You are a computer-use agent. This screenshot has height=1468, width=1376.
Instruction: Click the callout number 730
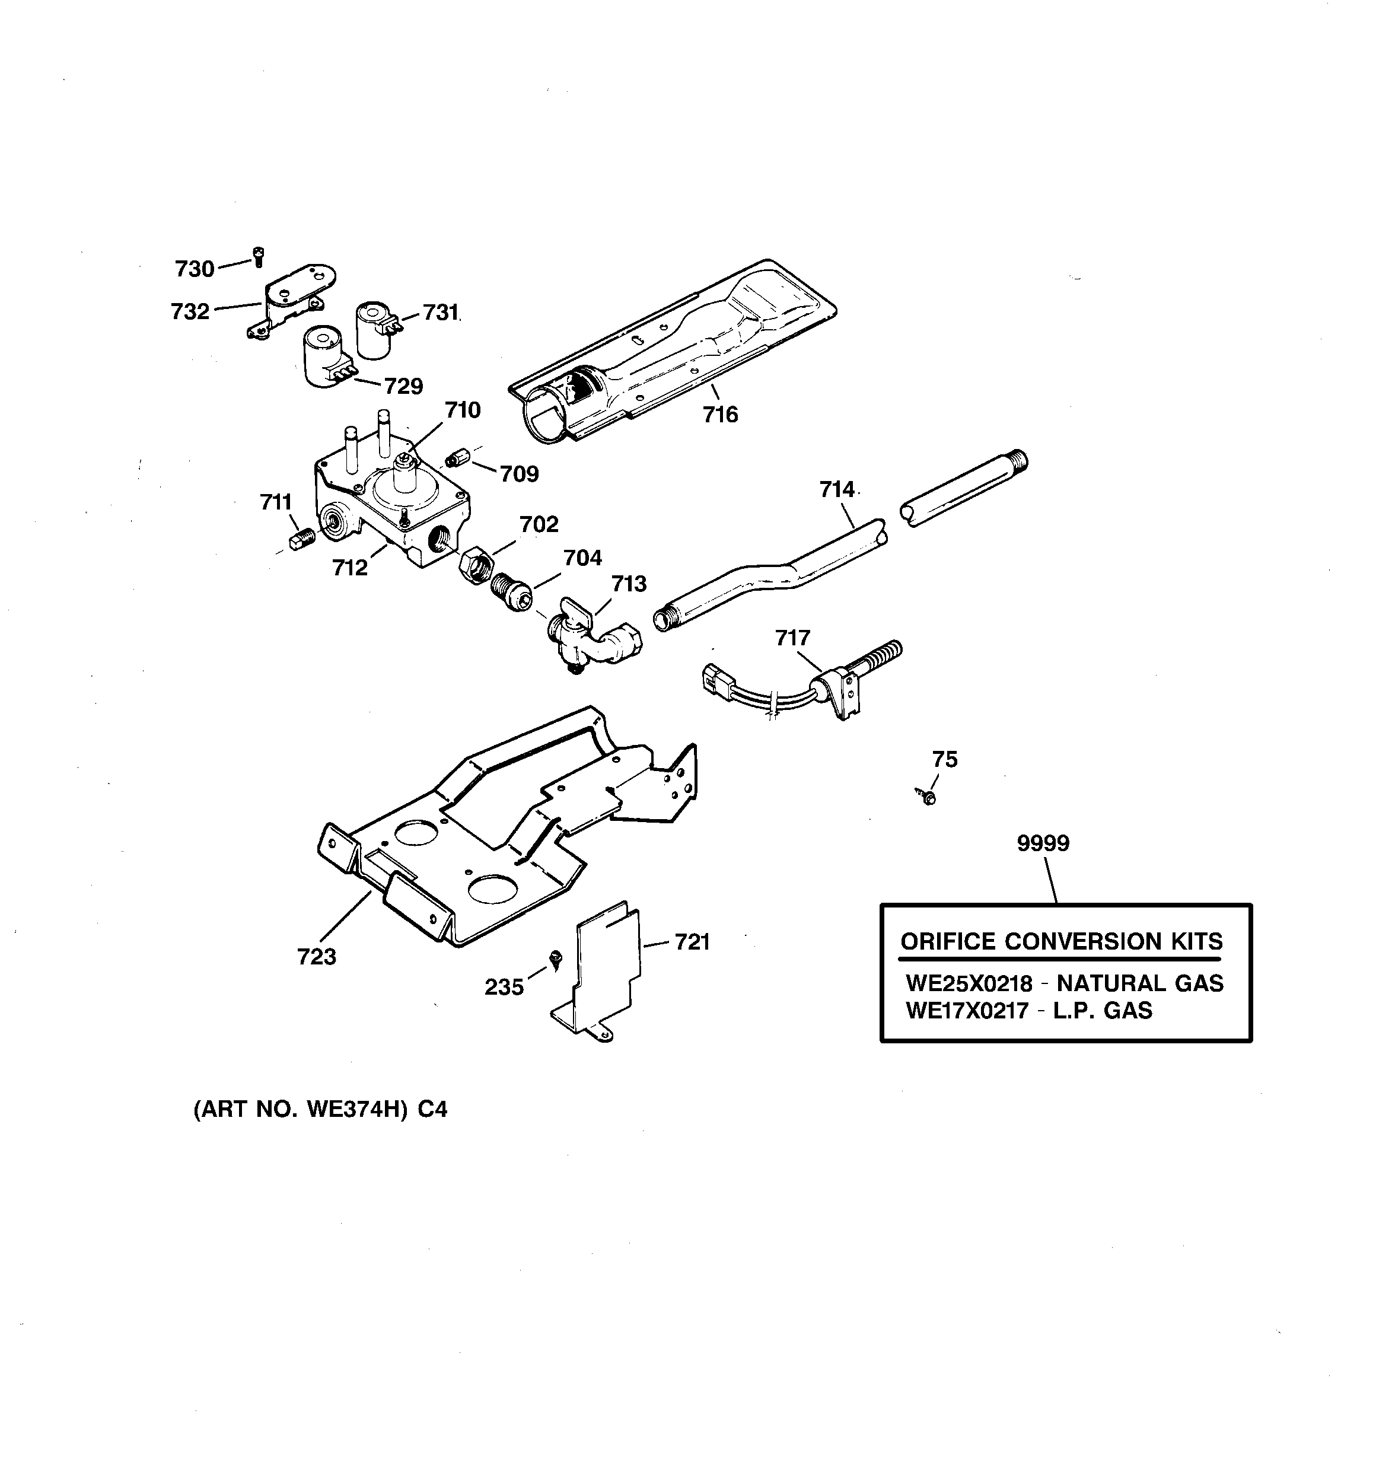(x=195, y=269)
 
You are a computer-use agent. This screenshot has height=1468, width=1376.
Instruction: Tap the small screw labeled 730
(x=258, y=256)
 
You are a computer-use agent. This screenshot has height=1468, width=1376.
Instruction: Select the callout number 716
(x=720, y=415)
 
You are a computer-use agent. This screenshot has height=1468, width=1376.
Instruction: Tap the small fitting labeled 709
(x=457, y=458)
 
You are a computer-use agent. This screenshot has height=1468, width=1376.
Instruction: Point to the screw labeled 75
(x=928, y=797)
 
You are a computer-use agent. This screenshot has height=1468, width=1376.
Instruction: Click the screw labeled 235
(x=555, y=959)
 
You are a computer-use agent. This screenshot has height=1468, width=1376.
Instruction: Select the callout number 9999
(x=1042, y=843)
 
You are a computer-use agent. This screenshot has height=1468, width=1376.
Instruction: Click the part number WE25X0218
(x=969, y=983)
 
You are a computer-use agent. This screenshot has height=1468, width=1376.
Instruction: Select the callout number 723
(x=316, y=957)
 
